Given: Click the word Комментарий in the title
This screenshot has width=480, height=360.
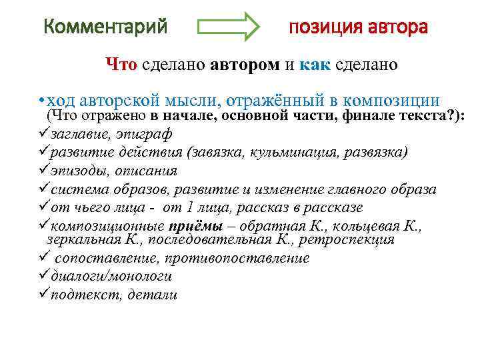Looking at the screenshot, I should tap(105, 28).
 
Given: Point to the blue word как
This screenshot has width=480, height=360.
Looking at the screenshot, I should tap(312, 65).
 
